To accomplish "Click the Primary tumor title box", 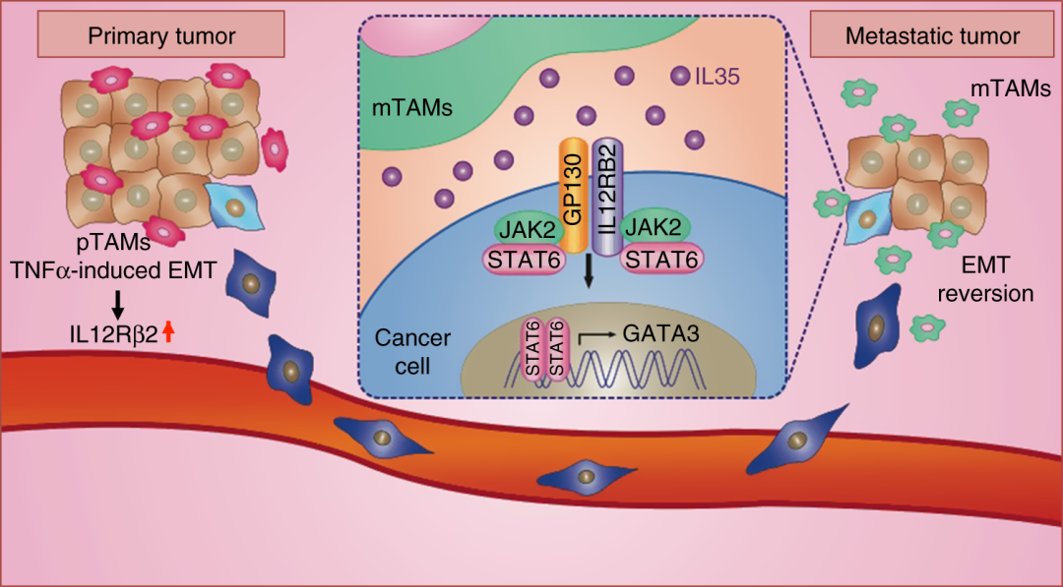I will [x=162, y=37].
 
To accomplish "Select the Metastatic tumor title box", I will [x=932, y=37].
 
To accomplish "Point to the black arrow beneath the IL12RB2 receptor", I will [x=589, y=271].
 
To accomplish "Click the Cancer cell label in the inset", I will [x=412, y=350].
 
